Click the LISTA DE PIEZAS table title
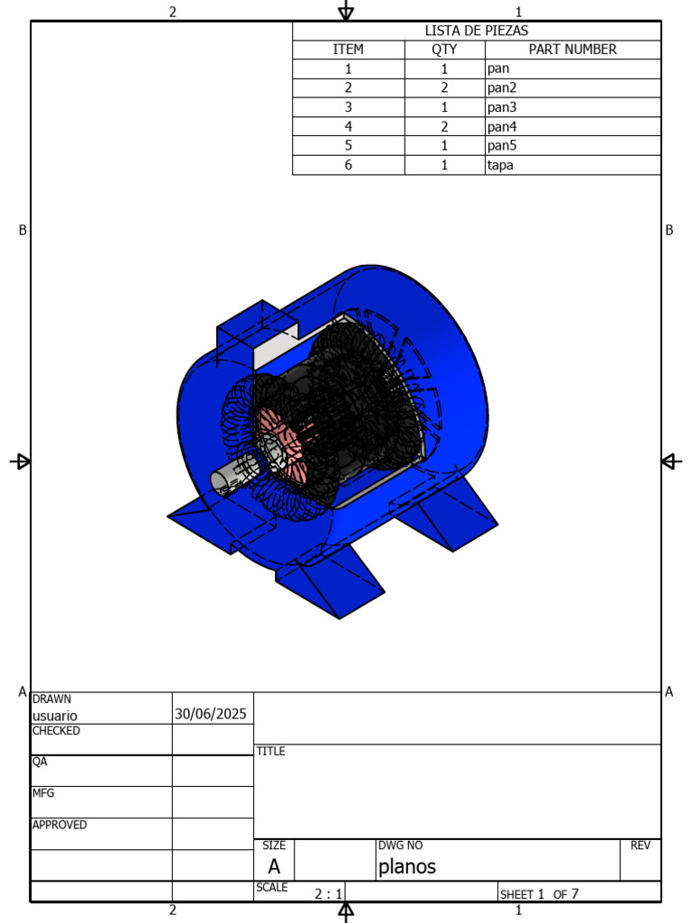(x=477, y=31)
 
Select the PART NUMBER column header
(x=572, y=50)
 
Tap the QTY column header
(x=444, y=50)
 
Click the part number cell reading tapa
(x=500, y=165)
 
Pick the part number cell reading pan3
(x=502, y=107)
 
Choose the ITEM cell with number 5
(x=349, y=145)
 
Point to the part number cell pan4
(x=502, y=126)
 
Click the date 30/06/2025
(x=211, y=714)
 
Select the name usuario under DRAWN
(x=55, y=716)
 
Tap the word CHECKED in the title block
(x=56, y=730)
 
